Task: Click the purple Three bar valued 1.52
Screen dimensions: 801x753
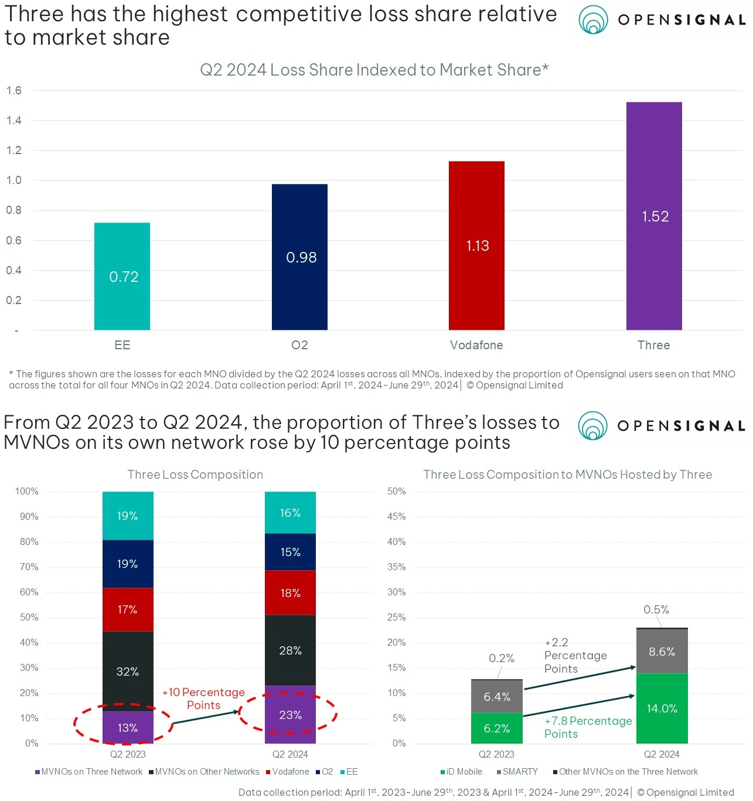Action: click(x=654, y=216)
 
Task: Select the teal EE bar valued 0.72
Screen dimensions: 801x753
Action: click(x=122, y=276)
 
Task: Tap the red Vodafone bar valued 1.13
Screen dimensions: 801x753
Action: click(x=476, y=245)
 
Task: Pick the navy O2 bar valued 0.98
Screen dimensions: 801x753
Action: click(x=299, y=257)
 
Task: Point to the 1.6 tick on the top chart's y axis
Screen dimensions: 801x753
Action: click(x=14, y=91)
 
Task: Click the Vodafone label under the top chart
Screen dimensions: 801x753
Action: click(x=476, y=345)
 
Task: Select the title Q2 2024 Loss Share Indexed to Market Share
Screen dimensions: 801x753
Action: click(x=374, y=70)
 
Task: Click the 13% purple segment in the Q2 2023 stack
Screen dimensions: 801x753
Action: click(x=128, y=728)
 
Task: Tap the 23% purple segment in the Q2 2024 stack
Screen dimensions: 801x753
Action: click(x=290, y=715)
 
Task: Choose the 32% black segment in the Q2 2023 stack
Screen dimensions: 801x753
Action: click(x=128, y=672)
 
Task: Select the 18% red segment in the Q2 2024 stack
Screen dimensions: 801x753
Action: click(x=290, y=593)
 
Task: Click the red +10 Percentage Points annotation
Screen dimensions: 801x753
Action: click(x=203, y=698)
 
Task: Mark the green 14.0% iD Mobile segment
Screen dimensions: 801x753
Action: click(x=662, y=708)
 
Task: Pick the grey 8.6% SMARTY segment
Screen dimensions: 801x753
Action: click(x=662, y=652)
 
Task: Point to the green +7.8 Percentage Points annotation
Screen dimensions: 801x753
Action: click(x=588, y=727)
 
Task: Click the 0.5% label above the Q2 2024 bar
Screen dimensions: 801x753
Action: click(x=656, y=609)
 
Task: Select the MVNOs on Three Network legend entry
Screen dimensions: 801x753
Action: click(x=88, y=772)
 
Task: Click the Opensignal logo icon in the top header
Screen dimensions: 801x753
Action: click(x=593, y=20)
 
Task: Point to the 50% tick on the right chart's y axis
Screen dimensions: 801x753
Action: click(x=397, y=492)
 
